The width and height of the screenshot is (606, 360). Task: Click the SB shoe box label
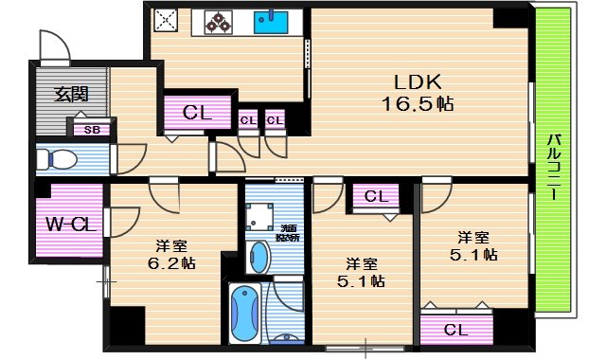(x=92, y=130)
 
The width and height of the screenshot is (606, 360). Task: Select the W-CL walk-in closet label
(x=69, y=225)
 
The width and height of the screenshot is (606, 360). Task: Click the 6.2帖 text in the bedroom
(x=171, y=263)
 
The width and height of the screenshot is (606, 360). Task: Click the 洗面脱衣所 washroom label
(x=287, y=232)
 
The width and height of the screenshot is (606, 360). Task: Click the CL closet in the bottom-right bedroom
(x=455, y=330)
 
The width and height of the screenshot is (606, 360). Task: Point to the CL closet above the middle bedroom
(x=376, y=197)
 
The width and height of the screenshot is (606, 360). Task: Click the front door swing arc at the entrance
(x=51, y=45)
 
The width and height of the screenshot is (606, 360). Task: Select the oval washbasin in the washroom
(x=258, y=256)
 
